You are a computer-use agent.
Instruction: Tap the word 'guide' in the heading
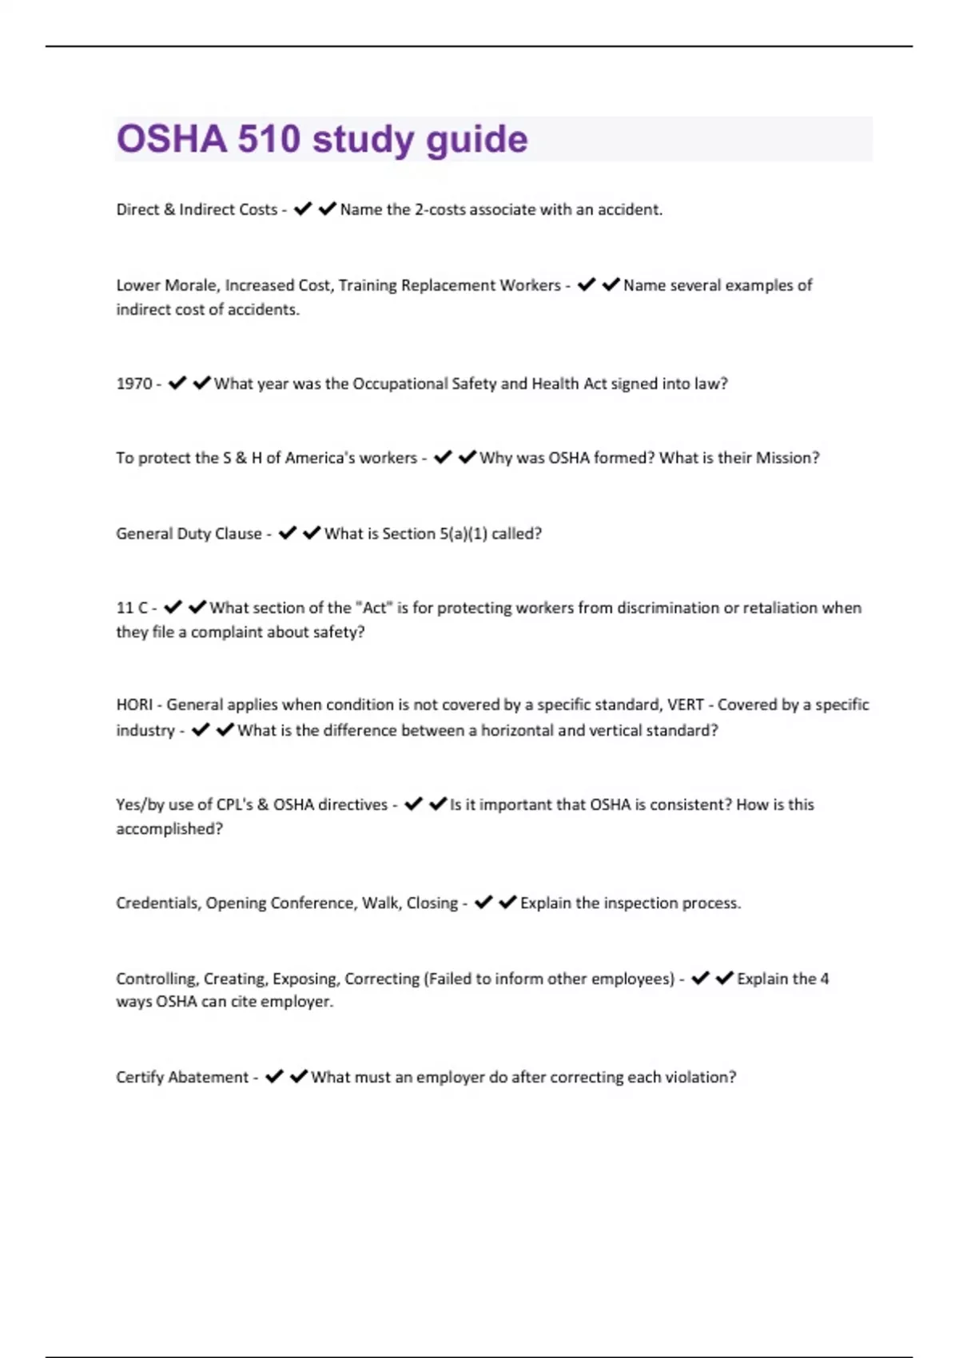click(476, 141)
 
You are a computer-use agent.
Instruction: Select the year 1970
click(133, 383)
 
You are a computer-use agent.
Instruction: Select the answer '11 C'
click(132, 608)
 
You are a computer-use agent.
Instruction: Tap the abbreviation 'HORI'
click(134, 705)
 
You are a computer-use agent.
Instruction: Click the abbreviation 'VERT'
click(685, 705)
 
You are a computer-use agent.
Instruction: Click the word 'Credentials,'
click(158, 903)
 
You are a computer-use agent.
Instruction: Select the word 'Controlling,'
click(157, 979)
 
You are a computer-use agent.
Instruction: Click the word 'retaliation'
click(779, 608)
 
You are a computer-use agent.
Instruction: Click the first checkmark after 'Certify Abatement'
click(274, 1077)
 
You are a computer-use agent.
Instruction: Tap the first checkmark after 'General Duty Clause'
click(287, 533)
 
